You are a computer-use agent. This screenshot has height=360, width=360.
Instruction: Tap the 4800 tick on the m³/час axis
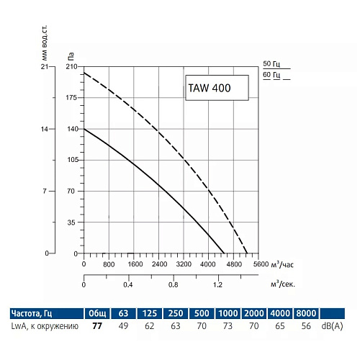[235, 264]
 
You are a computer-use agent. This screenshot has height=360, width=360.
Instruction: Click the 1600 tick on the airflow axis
[134, 264]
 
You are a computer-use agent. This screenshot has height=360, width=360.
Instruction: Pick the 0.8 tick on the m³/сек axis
[173, 284]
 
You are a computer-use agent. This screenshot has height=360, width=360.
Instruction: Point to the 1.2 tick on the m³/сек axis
[218, 284]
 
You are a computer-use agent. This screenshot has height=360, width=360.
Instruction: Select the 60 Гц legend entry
[271, 75]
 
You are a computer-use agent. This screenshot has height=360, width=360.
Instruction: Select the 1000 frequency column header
[227, 313]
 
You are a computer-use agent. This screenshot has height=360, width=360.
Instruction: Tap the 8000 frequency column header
[305, 313]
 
